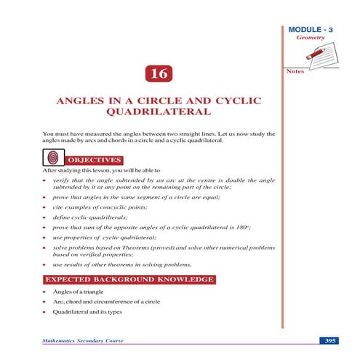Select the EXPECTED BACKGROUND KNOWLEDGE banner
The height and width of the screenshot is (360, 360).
[129, 279]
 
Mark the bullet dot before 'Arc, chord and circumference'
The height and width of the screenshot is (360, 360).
[44, 301]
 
